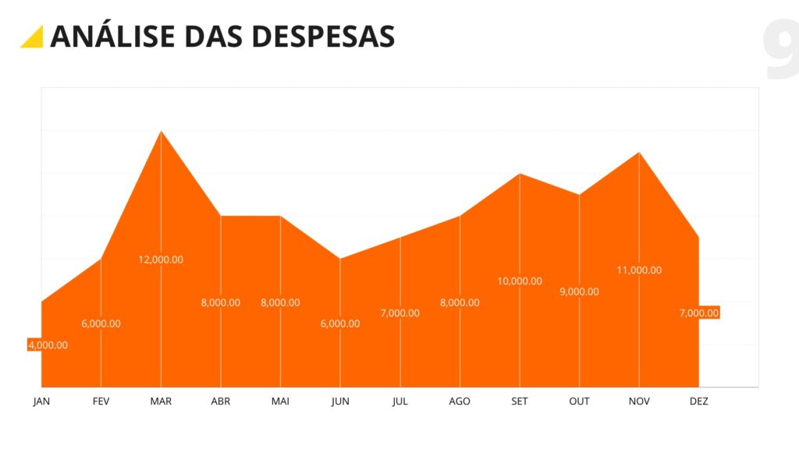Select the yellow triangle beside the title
pyautogui.click(x=32, y=37)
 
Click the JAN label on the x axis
pyautogui.click(x=41, y=401)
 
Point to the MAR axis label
pyautogui.click(x=161, y=401)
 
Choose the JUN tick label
pyautogui.click(x=340, y=401)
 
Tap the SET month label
pyautogui.click(x=520, y=401)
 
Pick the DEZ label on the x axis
pyautogui.click(x=698, y=401)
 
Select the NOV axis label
pyautogui.click(x=639, y=401)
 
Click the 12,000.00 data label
pyautogui.click(x=161, y=260)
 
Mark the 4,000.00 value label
pyautogui.click(x=48, y=345)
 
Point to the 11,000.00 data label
pyautogui.click(x=639, y=270)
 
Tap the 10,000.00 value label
pyautogui.click(x=520, y=281)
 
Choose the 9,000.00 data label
pyautogui.click(x=579, y=292)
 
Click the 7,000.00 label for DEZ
pyautogui.click(x=698, y=313)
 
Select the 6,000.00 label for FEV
pyautogui.click(x=101, y=323)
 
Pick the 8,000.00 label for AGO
pyautogui.click(x=460, y=302)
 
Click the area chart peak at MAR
pyautogui.click(x=161, y=132)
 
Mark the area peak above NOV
pyautogui.click(x=639, y=153)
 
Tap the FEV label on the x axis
pyautogui.click(x=101, y=401)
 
